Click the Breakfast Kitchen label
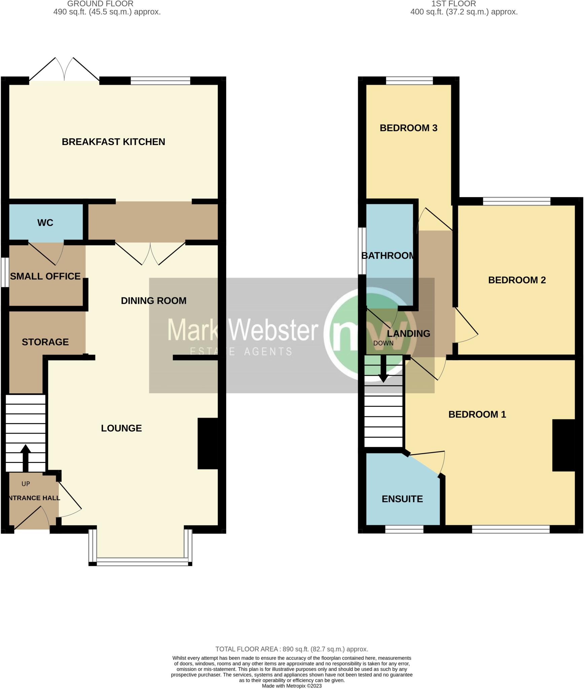pos(113,142)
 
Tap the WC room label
pos(45,223)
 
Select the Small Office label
pos(45,276)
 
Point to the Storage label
pos(45,342)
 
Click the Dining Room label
pos(153,300)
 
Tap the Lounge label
pos(121,428)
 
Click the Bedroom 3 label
pos(408,128)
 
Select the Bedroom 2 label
pos(517,280)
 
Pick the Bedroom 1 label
pos(477,414)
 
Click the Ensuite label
pos(402,499)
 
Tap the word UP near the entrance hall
pos(26,484)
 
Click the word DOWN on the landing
pos(383,343)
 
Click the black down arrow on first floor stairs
pos(383,370)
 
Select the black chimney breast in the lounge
pos(208,443)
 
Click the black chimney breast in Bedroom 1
pos(563,445)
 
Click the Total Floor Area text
pos(292,649)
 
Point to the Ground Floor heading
pos(100,4)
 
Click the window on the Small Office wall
pos(5,272)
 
